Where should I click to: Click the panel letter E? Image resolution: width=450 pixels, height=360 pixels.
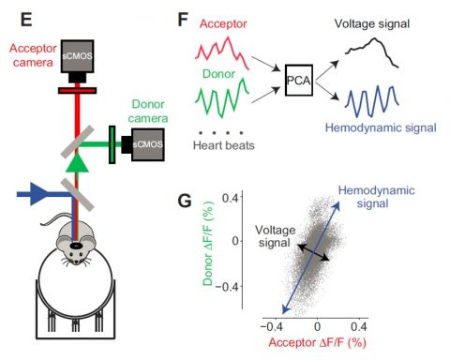tap(26, 20)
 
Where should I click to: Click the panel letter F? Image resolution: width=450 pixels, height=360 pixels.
tap(183, 20)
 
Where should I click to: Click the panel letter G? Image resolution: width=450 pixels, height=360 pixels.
tap(185, 201)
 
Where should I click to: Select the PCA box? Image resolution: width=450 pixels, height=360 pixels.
tap(299, 80)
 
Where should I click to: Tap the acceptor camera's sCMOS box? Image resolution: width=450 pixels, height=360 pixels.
tap(77, 56)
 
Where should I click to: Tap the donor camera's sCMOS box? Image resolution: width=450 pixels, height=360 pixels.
tap(148, 144)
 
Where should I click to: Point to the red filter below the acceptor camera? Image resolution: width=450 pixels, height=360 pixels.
tap(77, 91)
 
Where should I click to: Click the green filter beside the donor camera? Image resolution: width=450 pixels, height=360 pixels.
tap(112, 144)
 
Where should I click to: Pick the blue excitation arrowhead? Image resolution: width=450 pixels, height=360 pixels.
tap(38, 194)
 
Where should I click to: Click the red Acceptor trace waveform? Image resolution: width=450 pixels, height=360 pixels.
tap(222, 52)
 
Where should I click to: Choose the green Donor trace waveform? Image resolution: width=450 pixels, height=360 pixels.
tap(222, 98)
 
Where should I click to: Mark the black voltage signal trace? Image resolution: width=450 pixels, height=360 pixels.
tap(372, 52)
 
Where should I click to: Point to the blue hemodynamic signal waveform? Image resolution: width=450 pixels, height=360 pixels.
tap(372, 101)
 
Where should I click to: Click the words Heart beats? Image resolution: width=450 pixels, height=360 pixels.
tap(224, 145)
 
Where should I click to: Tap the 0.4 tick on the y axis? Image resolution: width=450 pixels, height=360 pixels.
tap(230, 198)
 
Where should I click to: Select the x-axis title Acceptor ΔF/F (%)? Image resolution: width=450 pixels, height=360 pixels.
tap(317, 343)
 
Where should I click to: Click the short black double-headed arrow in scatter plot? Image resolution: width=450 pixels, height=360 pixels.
tap(313, 252)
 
